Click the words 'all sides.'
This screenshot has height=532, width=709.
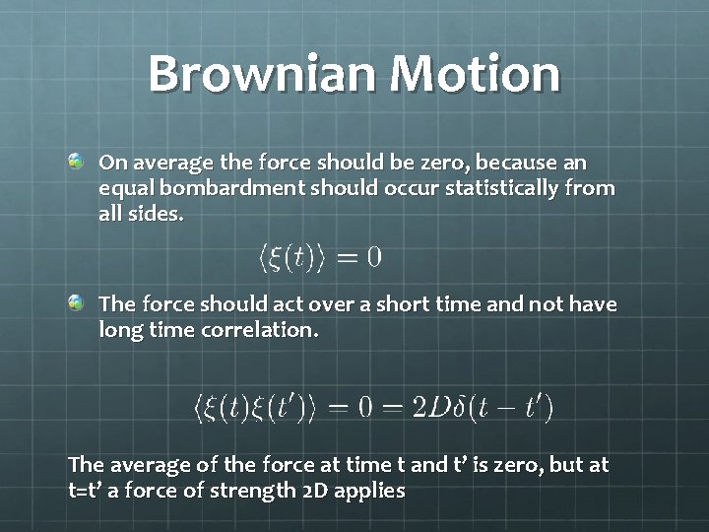(141, 213)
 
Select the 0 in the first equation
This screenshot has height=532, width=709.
(373, 257)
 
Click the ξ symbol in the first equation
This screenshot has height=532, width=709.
(279, 257)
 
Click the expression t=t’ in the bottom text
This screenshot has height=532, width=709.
(89, 491)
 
